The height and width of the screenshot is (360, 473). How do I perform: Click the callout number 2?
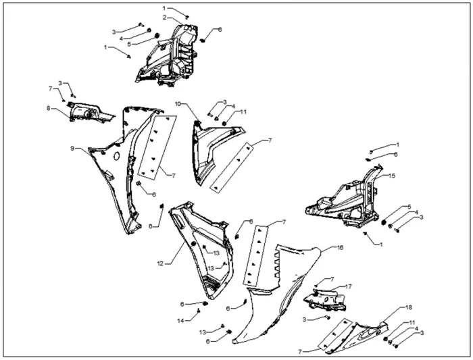coord(164,18)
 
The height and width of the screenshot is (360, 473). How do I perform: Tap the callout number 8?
coord(49,108)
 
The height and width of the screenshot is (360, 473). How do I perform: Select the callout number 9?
coord(72,148)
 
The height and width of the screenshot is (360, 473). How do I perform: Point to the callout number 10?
coord(178,104)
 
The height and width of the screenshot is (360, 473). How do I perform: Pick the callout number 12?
coord(160,263)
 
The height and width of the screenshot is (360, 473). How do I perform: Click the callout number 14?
coord(180,321)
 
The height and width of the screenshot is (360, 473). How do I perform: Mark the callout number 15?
coord(391,176)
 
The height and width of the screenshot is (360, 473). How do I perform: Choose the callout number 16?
coord(340,248)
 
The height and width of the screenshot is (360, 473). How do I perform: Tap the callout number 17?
coord(349,286)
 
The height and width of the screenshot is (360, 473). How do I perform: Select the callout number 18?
coord(408,307)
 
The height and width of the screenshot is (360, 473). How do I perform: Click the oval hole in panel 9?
coord(116,156)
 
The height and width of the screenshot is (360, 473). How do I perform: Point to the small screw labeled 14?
coord(199,311)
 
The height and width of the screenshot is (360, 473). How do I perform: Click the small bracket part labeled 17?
coord(325,299)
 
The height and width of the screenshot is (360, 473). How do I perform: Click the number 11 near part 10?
coord(243,112)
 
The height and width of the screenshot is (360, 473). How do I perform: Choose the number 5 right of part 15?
coord(409,207)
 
